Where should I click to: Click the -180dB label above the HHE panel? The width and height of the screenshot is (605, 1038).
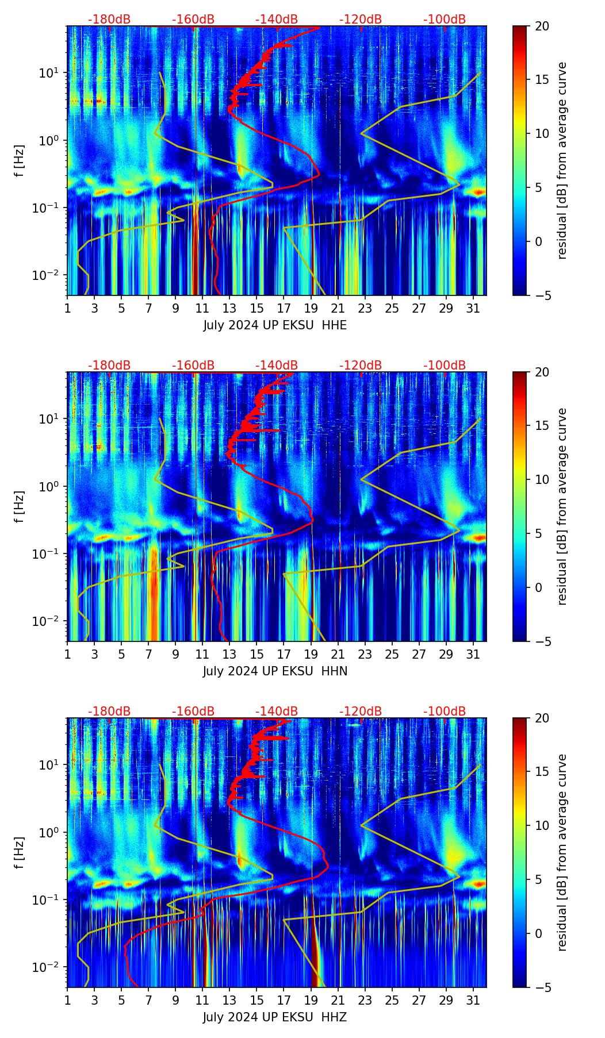point(109,20)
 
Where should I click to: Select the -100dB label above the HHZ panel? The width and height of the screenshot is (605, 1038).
point(445,712)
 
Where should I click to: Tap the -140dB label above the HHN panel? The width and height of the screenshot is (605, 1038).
point(277,366)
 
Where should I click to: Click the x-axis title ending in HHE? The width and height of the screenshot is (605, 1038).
point(275,325)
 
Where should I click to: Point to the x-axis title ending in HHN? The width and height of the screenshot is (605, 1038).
point(275,671)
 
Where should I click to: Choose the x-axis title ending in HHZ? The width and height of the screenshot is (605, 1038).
point(275,1017)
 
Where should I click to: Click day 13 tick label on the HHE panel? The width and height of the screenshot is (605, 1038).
point(229,308)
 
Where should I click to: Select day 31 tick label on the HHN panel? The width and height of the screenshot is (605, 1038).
point(473,654)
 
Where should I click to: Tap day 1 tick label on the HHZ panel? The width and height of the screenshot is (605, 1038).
point(68,1000)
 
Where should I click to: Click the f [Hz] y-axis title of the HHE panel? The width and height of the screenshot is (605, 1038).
point(20,161)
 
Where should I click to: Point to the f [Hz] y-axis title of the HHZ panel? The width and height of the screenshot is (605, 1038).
point(20,853)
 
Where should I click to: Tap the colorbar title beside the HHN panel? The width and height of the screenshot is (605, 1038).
point(562,506)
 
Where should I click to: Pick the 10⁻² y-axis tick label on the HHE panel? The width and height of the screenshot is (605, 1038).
point(48,276)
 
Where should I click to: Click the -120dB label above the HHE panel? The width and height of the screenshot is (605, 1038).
point(361,20)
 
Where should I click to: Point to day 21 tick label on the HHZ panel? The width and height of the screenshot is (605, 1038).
point(338,1000)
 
